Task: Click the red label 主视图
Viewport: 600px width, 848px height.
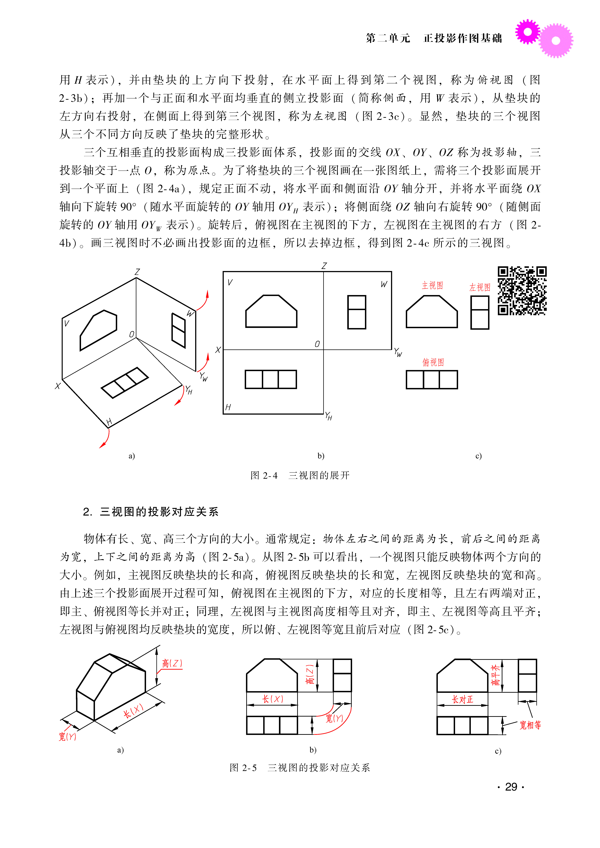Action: pos(432,285)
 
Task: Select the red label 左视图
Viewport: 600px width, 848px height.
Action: pos(480,287)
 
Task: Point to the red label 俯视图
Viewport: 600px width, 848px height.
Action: pos(433,362)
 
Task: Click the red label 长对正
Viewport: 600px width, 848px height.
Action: pos(462,699)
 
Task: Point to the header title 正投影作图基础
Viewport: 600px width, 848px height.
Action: pos(463,38)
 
